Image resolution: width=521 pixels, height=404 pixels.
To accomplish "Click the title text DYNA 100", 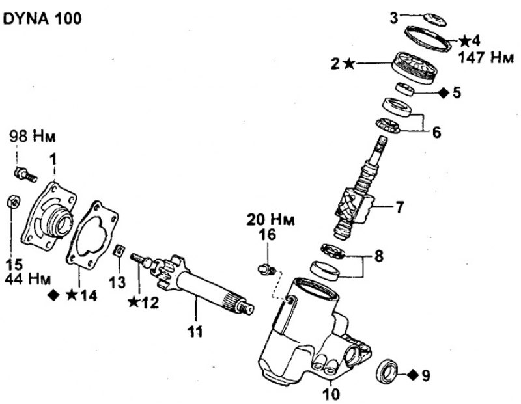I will [x=43, y=20].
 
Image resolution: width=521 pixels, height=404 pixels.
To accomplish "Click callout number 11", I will [x=194, y=332].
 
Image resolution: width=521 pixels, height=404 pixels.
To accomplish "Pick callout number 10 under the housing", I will [x=331, y=393].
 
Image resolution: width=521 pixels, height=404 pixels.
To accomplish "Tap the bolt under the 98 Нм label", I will [x=25, y=172].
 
